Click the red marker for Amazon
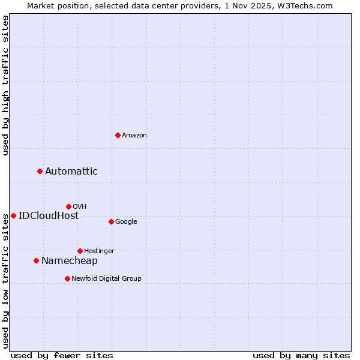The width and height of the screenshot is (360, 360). coord(118,135)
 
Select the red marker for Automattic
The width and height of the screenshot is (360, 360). coord(40,172)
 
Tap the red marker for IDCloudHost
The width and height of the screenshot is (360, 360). coord(13,215)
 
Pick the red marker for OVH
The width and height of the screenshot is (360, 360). coord(68,206)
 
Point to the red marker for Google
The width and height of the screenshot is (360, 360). coord(111,221)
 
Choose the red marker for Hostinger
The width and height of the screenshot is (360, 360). coord(80,251)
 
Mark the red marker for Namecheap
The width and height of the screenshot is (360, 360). coord(36,260)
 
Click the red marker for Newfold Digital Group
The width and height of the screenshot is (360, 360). coord(67,278)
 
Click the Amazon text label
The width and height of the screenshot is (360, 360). coord(134,136)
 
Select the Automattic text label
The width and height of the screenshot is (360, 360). coord(71,172)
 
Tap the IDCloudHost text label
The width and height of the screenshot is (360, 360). coord(49,216)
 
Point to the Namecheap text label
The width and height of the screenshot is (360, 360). coord(70,260)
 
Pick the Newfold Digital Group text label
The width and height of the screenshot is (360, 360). coord(107,278)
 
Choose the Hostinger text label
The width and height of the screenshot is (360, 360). coord(99,251)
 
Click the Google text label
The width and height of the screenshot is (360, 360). coord(126,222)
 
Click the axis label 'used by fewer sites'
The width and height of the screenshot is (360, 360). coord(62,355)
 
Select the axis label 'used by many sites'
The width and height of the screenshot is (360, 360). coord(301,355)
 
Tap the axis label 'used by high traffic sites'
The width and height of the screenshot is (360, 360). coord(5,85)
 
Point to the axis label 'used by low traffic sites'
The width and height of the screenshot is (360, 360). coord(5,281)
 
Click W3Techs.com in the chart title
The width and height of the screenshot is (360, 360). coord(305,5)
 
